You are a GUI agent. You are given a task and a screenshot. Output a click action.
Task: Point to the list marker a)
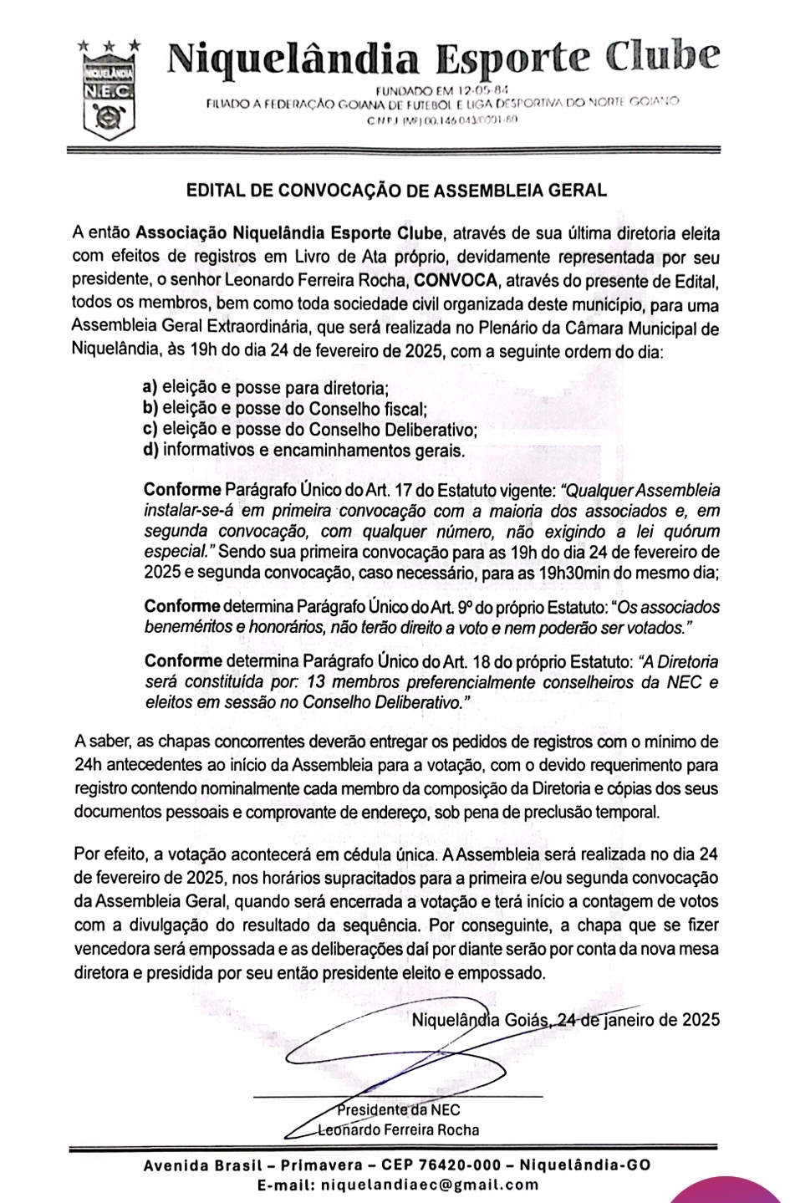[150, 388]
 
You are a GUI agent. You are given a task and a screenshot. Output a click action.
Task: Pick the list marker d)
[150, 451]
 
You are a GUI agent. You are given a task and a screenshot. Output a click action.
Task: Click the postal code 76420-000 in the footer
[456, 1166]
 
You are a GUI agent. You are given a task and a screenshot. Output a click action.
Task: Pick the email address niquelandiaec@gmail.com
[426, 1185]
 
